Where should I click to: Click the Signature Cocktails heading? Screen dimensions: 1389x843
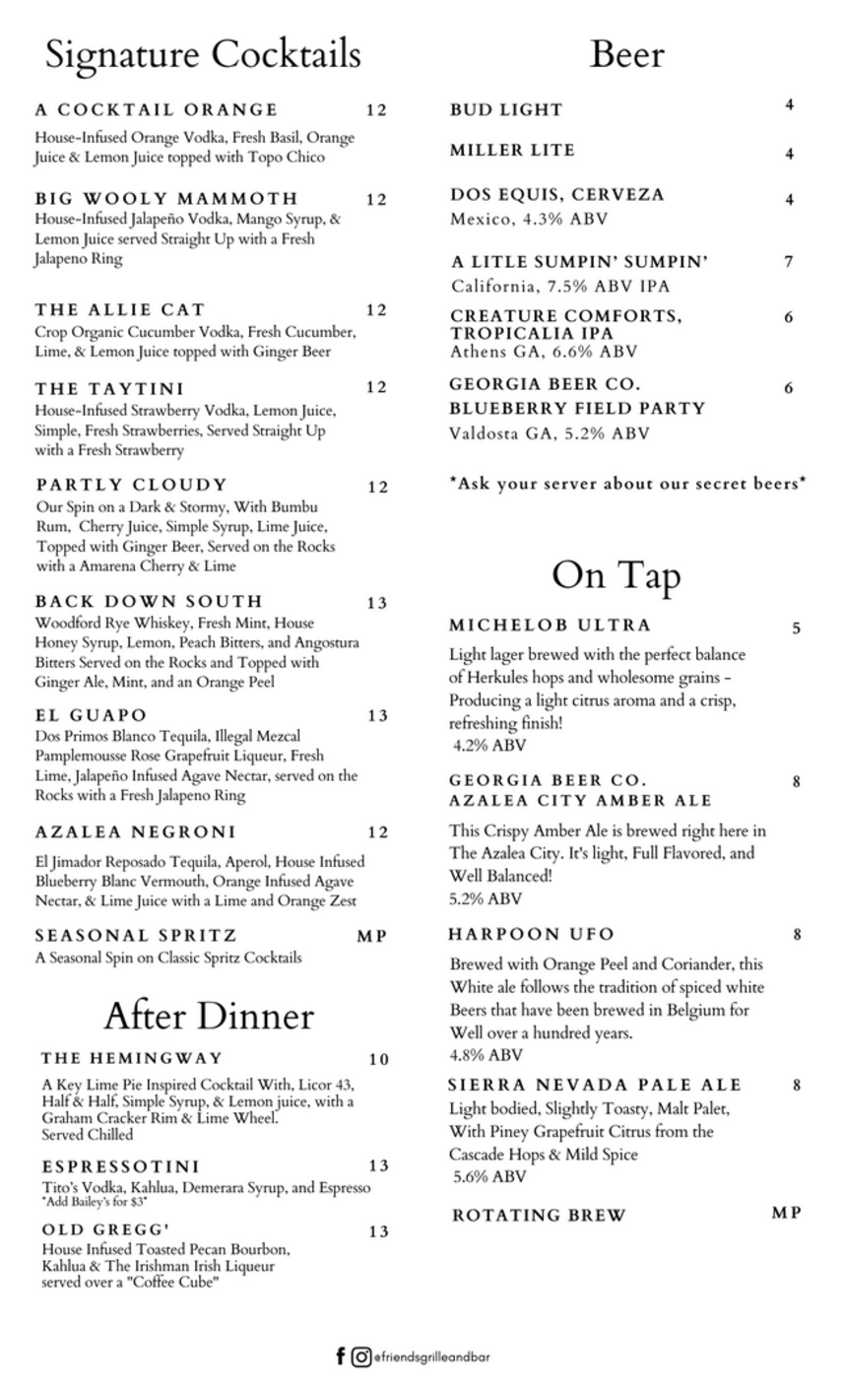tap(203, 54)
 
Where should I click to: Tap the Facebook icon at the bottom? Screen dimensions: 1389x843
tap(341, 1356)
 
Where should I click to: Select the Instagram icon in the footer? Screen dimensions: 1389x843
tap(361, 1356)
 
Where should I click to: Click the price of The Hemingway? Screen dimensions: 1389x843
tap(379, 1060)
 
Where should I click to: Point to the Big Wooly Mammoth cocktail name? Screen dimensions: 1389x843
tap(166, 198)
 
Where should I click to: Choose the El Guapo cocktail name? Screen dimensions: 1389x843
tap(91, 715)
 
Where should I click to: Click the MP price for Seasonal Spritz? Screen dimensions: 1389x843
tap(372, 936)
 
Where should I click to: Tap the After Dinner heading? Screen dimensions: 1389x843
tap(209, 1015)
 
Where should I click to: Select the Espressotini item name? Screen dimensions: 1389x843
tap(120, 1166)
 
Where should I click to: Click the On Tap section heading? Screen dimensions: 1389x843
tap(616, 575)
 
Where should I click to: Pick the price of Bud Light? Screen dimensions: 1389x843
tap(789, 104)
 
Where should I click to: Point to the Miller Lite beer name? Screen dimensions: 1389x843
tap(512, 150)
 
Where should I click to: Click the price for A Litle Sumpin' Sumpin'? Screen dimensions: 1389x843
tap(789, 262)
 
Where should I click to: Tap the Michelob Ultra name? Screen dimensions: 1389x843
tap(550, 625)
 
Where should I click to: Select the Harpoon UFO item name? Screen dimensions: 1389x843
tap(531, 934)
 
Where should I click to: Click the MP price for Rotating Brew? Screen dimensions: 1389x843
tap(786, 1213)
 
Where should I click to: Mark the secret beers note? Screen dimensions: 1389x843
tap(627, 483)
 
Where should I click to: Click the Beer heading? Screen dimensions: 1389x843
tap(626, 54)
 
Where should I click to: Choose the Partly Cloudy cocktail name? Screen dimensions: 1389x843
tap(132, 485)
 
